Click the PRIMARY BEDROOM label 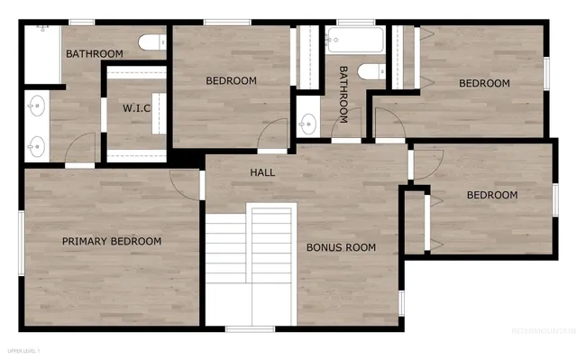point(112,241)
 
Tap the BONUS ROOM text point(341,246)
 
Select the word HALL point(262,172)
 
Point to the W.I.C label point(137,108)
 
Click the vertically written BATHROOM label point(343,94)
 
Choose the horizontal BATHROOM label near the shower point(94,53)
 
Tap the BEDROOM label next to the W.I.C point(231,80)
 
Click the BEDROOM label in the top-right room point(484,83)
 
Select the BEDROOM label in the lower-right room point(491,195)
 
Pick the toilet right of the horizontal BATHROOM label point(152,42)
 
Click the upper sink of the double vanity point(35,106)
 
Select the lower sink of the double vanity point(35,143)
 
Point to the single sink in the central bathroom point(307,124)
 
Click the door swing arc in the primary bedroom point(183,183)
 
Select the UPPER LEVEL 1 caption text point(23,350)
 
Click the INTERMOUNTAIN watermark point(543,331)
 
